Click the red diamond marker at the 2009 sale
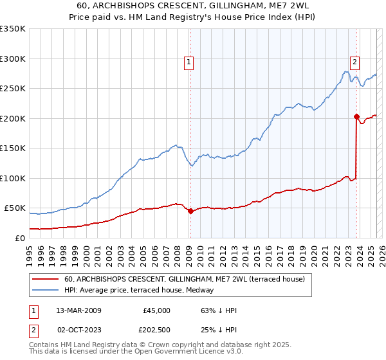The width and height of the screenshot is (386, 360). [190, 211]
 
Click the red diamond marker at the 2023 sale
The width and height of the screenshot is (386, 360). [356, 117]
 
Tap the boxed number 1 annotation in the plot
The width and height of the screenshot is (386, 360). [188, 62]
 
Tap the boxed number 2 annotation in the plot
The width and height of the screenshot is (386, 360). [354, 62]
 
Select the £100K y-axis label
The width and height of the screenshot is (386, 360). [12, 178]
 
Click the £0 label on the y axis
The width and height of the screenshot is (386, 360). [19, 238]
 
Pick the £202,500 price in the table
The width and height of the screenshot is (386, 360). [156, 330]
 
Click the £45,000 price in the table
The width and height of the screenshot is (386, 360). [156, 310]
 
